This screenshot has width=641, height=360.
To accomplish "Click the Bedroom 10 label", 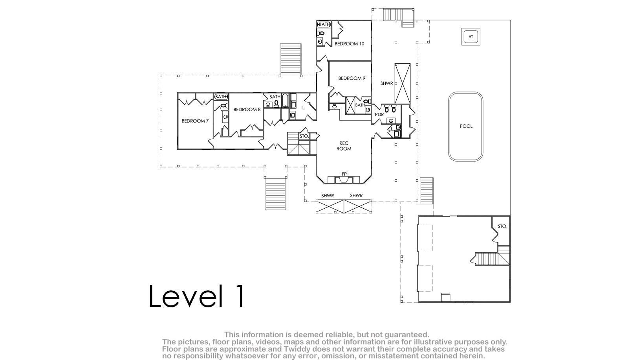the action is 350,44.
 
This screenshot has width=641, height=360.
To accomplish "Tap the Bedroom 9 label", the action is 352,78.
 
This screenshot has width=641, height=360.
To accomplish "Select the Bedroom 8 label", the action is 247,109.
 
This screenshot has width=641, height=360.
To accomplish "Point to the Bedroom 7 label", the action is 195,121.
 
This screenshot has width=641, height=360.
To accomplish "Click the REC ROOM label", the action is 344,146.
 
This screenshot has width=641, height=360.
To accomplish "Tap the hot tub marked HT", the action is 471,37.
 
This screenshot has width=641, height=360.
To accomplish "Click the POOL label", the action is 466,126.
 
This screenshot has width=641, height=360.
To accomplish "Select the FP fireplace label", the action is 344,174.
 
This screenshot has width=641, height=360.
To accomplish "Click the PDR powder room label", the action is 379,114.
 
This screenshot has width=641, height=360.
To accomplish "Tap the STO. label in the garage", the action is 502,226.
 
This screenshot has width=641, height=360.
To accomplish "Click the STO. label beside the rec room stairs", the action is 304,136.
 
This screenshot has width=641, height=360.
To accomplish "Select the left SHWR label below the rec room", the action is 328,196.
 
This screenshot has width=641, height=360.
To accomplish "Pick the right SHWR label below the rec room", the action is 356,195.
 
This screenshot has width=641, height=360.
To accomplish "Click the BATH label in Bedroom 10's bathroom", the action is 324,24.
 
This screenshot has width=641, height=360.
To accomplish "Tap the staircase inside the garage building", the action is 490,259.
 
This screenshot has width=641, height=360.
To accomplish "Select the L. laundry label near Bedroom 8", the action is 303,108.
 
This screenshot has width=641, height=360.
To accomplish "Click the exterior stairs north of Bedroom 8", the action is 291,60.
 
